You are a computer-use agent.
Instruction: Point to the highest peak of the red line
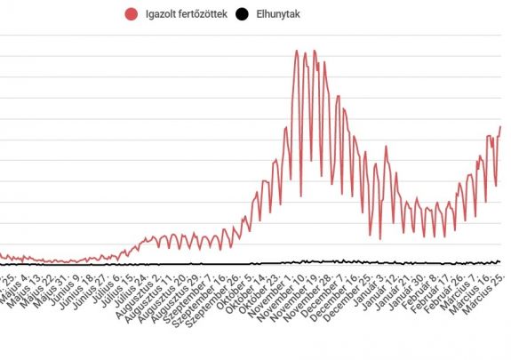pos(296,51)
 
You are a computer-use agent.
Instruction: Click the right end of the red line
pos(500,126)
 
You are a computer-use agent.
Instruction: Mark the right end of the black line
pos(500,262)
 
